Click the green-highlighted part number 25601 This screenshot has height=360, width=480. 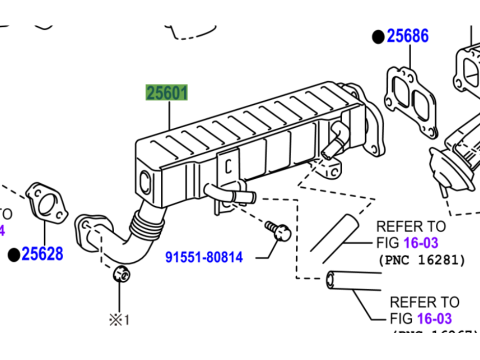[167, 94]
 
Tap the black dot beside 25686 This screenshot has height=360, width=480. [377, 37]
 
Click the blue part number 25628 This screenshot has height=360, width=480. [44, 256]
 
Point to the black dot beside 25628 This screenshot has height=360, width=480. [14, 256]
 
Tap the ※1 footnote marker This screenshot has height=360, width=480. [121, 320]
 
